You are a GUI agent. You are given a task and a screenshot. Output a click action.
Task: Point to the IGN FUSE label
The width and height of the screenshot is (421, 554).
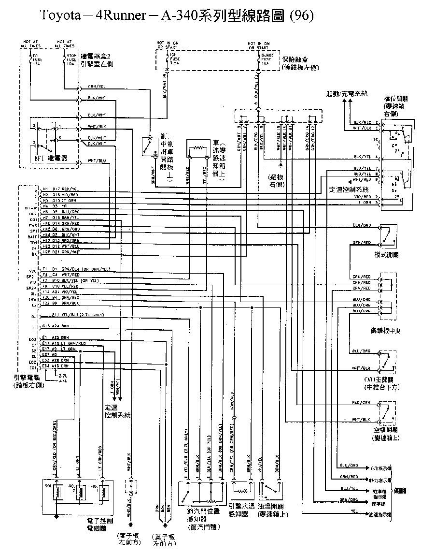[x=172, y=58]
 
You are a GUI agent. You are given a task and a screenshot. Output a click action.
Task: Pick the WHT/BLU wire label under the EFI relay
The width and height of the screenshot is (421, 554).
[x=97, y=160]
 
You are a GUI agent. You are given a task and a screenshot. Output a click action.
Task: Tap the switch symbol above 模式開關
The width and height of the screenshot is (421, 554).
[x=388, y=235]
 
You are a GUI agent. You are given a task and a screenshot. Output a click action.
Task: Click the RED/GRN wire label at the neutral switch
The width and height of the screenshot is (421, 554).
[x=361, y=402]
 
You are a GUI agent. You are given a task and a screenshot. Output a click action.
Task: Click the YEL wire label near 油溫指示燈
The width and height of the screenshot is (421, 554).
[x=354, y=510]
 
